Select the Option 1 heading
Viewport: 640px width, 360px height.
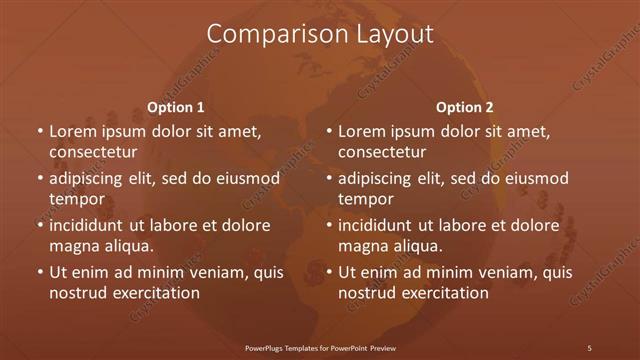tap(176, 107)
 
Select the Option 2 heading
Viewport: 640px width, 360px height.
tap(465, 107)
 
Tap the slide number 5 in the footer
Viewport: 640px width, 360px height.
tap(589, 347)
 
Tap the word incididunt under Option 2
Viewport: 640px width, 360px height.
tap(381, 226)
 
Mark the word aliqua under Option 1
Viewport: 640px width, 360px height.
tap(126, 246)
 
